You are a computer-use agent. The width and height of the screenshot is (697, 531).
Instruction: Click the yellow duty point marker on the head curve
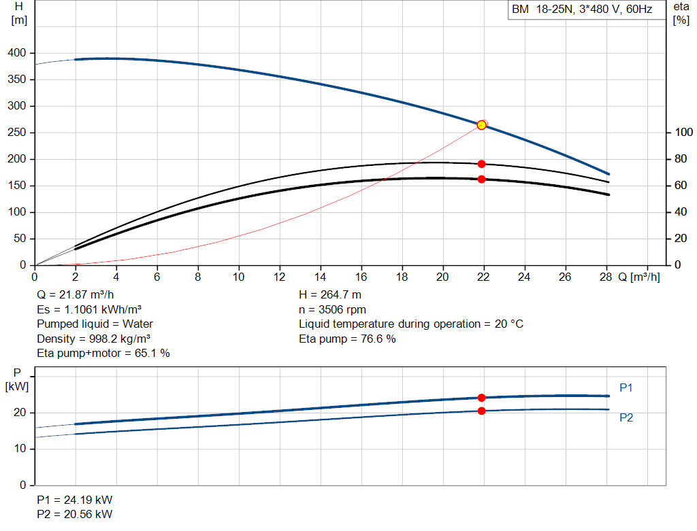(x=481, y=125)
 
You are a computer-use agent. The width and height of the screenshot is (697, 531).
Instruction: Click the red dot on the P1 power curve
(x=481, y=398)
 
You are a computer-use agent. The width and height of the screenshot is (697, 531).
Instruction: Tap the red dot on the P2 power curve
(x=481, y=411)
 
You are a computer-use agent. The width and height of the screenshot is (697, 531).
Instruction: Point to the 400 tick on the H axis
(x=17, y=53)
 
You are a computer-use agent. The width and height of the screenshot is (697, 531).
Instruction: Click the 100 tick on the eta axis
(x=683, y=133)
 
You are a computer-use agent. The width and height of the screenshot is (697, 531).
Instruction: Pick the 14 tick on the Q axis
(x=320, y=277)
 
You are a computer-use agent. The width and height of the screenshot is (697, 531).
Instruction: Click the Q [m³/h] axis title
(x=638, y=277)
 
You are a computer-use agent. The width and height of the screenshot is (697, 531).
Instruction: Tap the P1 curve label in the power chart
(x=626, y=388)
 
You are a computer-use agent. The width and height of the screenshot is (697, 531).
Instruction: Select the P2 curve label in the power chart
(x=626, y=417)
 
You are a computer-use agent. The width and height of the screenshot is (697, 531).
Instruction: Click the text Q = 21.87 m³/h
(x=75, y=295)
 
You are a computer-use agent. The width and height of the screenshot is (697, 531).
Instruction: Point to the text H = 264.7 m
(x=330, y=295)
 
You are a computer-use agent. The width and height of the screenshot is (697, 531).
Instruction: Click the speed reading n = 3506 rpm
(x=332, y=309)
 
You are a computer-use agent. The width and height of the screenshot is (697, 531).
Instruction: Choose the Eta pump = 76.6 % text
(x=347, y=339)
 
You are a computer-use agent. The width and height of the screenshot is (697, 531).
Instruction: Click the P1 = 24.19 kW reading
(x=75, y=500)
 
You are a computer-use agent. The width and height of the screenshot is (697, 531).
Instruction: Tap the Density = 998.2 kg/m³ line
(x=93, y=339)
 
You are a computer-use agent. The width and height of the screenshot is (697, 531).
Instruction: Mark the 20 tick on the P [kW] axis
(x=20, y=413)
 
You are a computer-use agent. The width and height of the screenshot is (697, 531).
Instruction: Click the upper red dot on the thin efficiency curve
(x=481, y=165)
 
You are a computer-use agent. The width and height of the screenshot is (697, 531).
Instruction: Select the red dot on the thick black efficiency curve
(x=481, y=179)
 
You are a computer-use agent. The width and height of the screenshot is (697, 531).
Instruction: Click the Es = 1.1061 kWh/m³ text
(x=89, y=309)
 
